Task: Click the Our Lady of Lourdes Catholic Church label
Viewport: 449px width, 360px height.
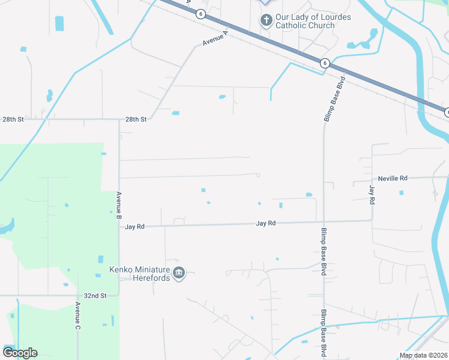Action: pos(313,22)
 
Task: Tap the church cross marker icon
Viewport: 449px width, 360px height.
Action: pos(267,21)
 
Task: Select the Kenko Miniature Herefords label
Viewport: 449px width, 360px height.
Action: pos(140,274)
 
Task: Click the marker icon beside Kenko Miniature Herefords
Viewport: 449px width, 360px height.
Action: pos(179,274)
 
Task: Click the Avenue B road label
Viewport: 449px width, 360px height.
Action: pos(119,204)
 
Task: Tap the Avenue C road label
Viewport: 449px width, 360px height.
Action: pos(77,316)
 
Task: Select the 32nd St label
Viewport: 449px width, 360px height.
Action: pos(95,296)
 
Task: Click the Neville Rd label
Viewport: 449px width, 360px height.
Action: pos(393,178)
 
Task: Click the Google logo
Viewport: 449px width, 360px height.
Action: pos(20,353)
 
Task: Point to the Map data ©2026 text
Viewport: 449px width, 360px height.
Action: pos(423,355)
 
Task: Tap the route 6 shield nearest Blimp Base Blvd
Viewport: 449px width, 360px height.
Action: pos(324,62)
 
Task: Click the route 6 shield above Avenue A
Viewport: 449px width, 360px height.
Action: pos(200,13)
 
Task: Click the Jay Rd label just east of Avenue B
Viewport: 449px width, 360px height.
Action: pos(135,227)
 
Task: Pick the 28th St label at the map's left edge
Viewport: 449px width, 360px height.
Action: pos(13,119)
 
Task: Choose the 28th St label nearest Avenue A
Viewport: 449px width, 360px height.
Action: pos(136,119)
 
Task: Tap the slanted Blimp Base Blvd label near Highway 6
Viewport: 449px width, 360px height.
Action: pos(335,99)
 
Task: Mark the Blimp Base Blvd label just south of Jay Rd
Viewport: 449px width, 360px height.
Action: pos(324,252)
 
